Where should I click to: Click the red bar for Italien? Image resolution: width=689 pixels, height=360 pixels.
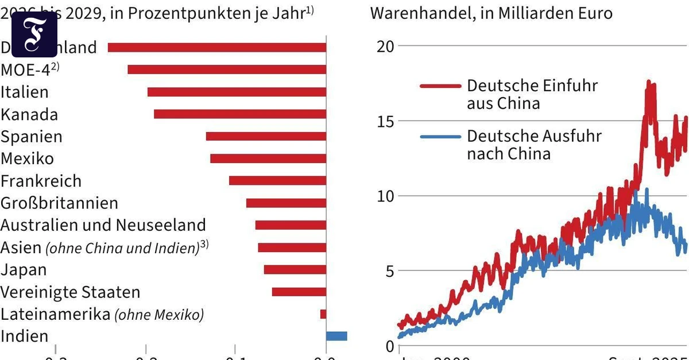pos(237,92)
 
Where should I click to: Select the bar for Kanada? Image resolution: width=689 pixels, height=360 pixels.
pos(240,114)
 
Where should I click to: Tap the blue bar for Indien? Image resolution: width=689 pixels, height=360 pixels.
pos(336,336)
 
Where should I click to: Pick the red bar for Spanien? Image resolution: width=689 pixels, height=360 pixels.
pos(266,137)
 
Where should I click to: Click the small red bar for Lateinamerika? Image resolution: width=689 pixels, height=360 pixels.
pos(323,314)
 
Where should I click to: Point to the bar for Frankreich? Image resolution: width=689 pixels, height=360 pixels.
pos(277,181)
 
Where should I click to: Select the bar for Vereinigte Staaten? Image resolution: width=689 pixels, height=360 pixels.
pos(299,292)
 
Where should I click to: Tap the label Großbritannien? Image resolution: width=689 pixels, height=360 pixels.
pos(59,203)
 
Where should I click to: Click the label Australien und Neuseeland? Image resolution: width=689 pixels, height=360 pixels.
pos(103,225)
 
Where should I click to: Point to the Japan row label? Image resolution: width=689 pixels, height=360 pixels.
pos(24,270)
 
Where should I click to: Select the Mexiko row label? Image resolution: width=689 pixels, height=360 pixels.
pos(27,158)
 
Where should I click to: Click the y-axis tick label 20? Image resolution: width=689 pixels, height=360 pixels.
pos(385,46)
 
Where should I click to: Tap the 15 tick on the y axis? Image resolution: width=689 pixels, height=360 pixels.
pos(385,121)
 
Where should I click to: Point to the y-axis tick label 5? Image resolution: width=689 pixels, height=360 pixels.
pos(389,271)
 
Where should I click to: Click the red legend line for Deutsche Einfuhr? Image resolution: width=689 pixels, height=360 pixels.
pos(440,86)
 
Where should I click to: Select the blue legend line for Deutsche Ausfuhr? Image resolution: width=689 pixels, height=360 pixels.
pos(440,137)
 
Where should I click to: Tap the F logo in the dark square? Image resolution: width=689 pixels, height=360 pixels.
pos(34,34)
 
